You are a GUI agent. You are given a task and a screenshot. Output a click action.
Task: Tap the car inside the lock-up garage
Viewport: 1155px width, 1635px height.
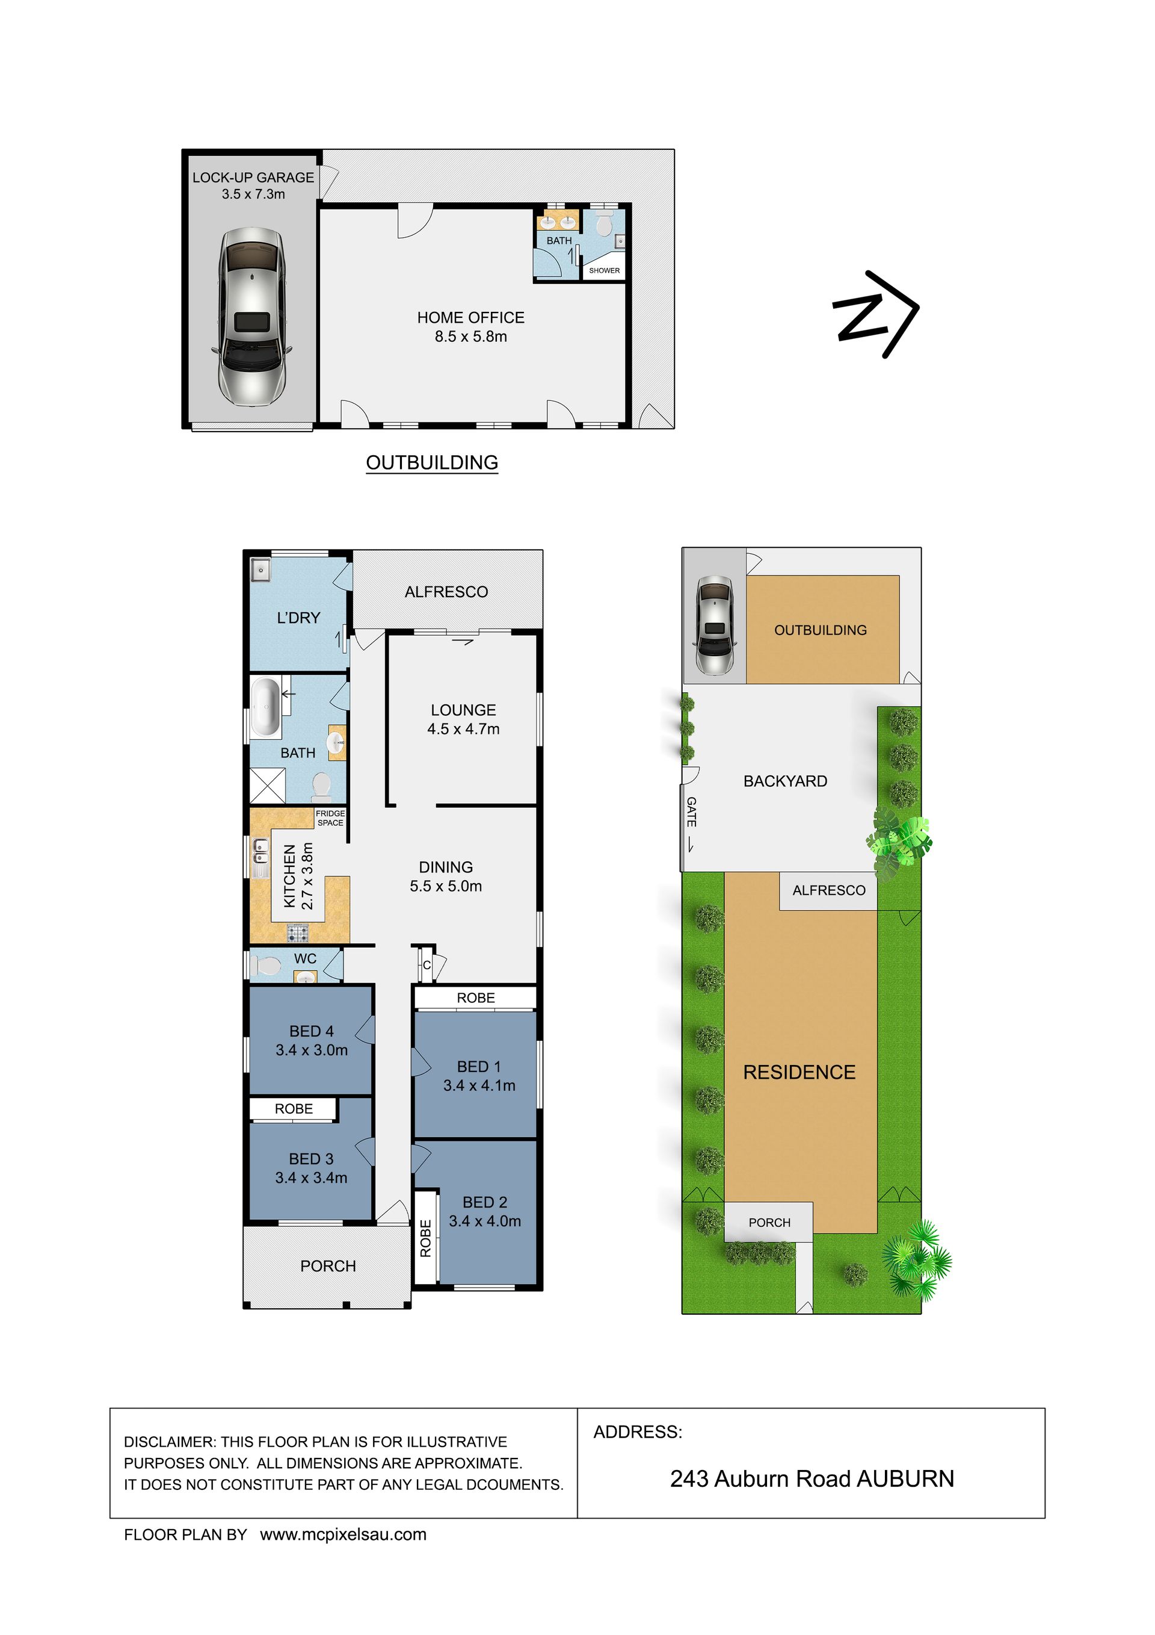[253, 317]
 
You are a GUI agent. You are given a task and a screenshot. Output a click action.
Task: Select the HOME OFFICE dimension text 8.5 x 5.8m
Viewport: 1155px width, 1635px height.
[471, 337]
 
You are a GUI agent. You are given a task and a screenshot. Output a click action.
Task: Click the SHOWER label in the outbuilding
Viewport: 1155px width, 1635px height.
[604, 271]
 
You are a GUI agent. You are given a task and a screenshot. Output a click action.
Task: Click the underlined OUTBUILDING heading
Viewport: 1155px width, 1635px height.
[432, 463]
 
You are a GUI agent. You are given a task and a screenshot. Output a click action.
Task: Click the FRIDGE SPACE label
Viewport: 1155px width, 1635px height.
[330, 818]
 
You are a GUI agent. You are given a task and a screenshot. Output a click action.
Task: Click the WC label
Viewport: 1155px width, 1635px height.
[306, 958]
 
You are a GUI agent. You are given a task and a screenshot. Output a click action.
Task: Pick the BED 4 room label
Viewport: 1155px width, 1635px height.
[312, 1031]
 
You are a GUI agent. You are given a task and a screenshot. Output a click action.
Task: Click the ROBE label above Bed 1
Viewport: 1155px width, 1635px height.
[476, 997]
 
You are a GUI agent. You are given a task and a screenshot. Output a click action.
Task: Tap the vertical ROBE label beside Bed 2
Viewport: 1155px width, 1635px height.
[425, 1239]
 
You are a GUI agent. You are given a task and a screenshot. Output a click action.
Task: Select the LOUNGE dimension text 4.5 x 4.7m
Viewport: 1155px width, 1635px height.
[463, 729]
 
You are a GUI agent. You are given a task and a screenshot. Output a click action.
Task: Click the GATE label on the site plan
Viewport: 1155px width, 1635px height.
[691, 812]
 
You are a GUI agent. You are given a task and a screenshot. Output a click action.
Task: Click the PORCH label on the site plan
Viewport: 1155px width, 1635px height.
[769, 1223]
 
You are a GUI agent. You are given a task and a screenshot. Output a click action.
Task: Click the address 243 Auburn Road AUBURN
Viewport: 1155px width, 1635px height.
[812, 1479]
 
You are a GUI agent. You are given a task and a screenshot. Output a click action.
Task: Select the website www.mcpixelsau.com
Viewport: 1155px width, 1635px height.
[343, 1534]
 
